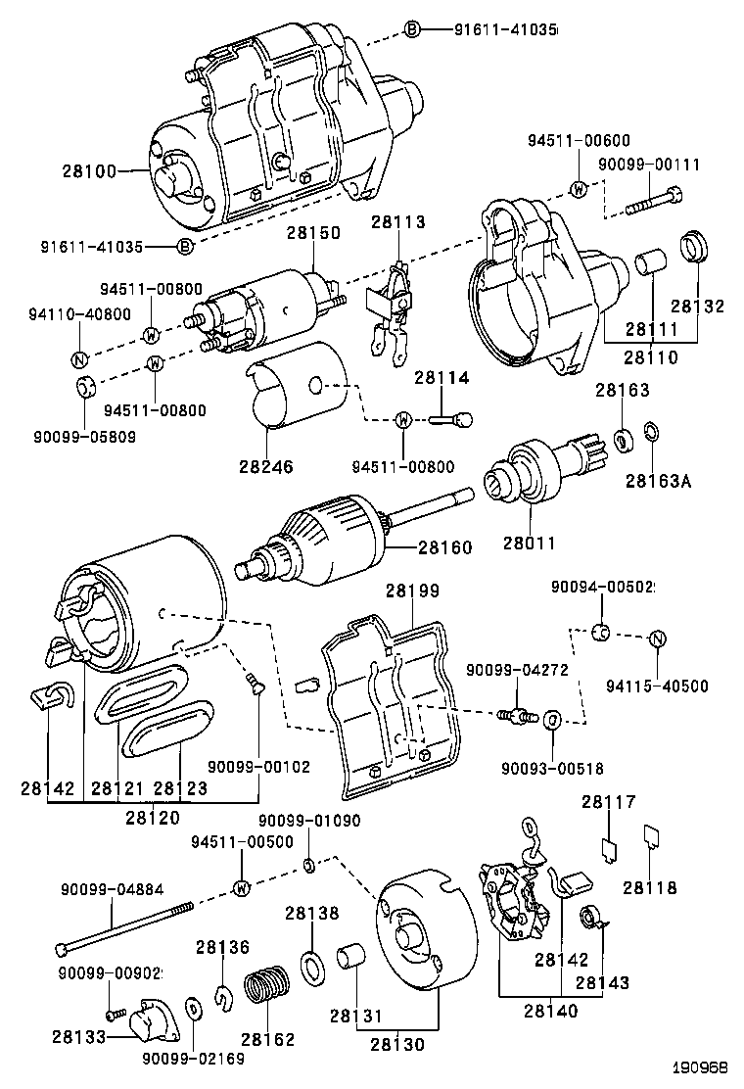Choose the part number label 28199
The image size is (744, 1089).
pos(411,591)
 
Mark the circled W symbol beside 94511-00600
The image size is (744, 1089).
pos(579,189)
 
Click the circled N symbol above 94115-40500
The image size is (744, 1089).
pos(659,639)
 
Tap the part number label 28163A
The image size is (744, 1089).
pos(659,481)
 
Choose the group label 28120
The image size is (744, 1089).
pos(152,815)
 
